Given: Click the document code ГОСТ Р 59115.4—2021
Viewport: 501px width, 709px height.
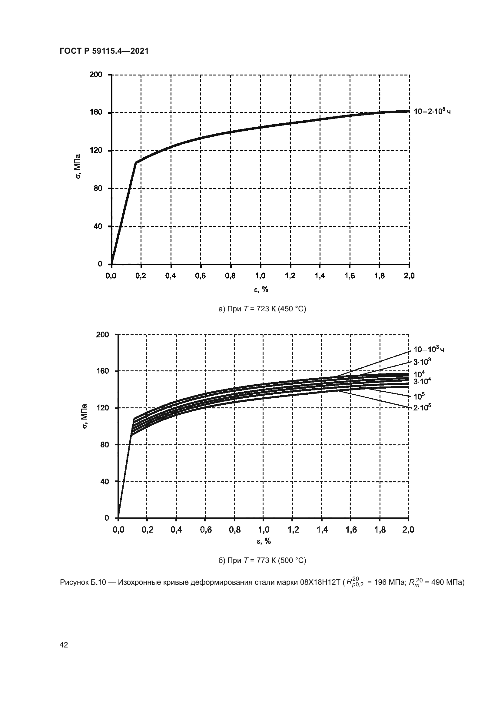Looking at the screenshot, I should tap(104, 51).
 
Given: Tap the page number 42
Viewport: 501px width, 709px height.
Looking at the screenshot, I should tap(64, 645).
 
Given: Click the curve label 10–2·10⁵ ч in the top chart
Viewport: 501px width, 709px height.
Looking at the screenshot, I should tap(432, 112).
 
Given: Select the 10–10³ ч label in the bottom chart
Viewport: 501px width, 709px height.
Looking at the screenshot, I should tap(429, 349).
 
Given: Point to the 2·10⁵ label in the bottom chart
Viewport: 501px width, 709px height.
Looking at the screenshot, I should tap(422, 408).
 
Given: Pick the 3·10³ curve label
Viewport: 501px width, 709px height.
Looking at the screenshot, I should tap(422, 361).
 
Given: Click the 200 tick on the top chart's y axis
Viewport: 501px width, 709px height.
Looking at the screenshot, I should tap(96, 75).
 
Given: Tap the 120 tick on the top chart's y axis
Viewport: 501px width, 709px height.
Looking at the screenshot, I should tap(96, 150).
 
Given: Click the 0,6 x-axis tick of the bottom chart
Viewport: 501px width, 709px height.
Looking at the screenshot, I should tap(206, 530).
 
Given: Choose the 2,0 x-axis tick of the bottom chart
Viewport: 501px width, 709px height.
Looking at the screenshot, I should tap(408, 530).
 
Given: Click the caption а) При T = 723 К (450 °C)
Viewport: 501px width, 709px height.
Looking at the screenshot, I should tap(262, 309).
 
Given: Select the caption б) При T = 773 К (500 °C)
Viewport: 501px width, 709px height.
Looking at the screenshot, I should tap(262, 560).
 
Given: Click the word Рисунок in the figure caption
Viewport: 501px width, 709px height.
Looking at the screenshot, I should tap(74, 582).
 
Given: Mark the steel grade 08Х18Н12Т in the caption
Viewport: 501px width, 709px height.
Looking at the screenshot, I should tap(320, 582).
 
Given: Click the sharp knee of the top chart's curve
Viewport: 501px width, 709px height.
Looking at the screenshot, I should tap(135, 162).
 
